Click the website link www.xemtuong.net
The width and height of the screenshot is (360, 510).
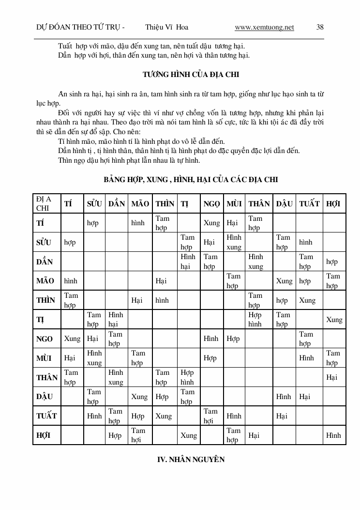[x=264, y=28]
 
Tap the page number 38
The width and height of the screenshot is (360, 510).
[x=320, y=28]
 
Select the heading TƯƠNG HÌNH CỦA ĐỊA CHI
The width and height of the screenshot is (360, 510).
[x=191, y=75]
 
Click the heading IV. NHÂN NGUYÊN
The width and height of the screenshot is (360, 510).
[x=191, y=460]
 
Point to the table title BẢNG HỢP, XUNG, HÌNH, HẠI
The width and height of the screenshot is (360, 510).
[x=191, y=180]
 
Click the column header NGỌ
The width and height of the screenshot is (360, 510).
[x=212, y=204]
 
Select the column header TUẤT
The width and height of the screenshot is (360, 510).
[x=309, y=204]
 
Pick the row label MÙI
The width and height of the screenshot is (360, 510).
[x=44, y=358]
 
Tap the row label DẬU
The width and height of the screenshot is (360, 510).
[x=45, y=397]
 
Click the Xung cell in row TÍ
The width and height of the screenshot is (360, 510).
[x=211, y=223]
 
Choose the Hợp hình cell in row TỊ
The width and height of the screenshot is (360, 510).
[x=255, y=319]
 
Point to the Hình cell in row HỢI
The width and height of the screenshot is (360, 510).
[x=333, y=435]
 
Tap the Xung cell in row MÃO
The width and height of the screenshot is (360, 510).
[x=284, y=281]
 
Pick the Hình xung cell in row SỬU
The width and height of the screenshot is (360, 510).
[x=234, y=242]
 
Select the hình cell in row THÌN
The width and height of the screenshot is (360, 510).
[x=162, y=300]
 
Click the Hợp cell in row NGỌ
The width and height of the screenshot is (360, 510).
[x=233, y=339]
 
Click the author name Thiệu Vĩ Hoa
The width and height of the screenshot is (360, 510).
[x=166, y=28]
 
